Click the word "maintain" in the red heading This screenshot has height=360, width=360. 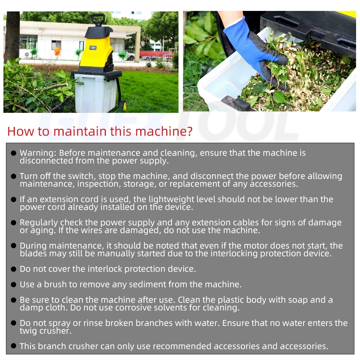(80, 131)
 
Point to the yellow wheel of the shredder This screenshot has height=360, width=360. (124, 105)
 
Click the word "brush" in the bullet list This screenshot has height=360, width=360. (55, 284)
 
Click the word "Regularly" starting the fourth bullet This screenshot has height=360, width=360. (39, 223)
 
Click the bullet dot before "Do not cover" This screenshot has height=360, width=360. (14, 269)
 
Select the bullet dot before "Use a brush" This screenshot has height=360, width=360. (14, 284)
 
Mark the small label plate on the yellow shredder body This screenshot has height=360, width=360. (93, 48)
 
